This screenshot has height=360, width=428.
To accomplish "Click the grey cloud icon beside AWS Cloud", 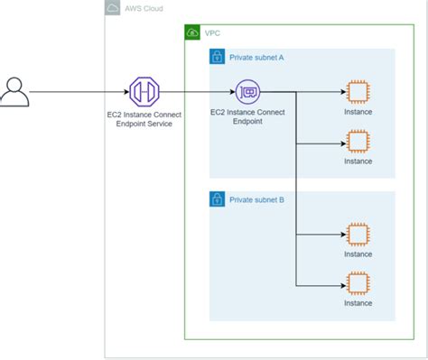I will pos(113,8).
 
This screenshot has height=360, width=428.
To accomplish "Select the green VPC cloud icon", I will pos(191,32).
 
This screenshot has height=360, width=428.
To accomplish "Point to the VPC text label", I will pos(213,32).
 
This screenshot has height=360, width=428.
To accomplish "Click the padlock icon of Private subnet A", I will pos(217,57).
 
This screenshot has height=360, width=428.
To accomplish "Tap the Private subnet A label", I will pos(256,57).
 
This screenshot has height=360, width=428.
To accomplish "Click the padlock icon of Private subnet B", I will pos(217,198).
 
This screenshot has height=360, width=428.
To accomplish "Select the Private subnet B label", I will pos(256,198).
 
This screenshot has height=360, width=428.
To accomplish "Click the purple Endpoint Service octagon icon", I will pos(144,92).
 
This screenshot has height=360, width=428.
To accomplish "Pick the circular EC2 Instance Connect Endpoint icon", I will pos(247,92).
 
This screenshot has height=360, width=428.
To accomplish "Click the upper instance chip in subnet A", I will pos(358,92).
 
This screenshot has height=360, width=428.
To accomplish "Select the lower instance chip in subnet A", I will pos(358,142).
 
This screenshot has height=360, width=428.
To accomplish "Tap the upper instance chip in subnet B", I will pos(358,234).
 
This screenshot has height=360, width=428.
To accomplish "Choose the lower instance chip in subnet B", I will pos(358,282).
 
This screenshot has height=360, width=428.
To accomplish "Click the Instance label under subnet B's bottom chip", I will pos(358,303).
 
